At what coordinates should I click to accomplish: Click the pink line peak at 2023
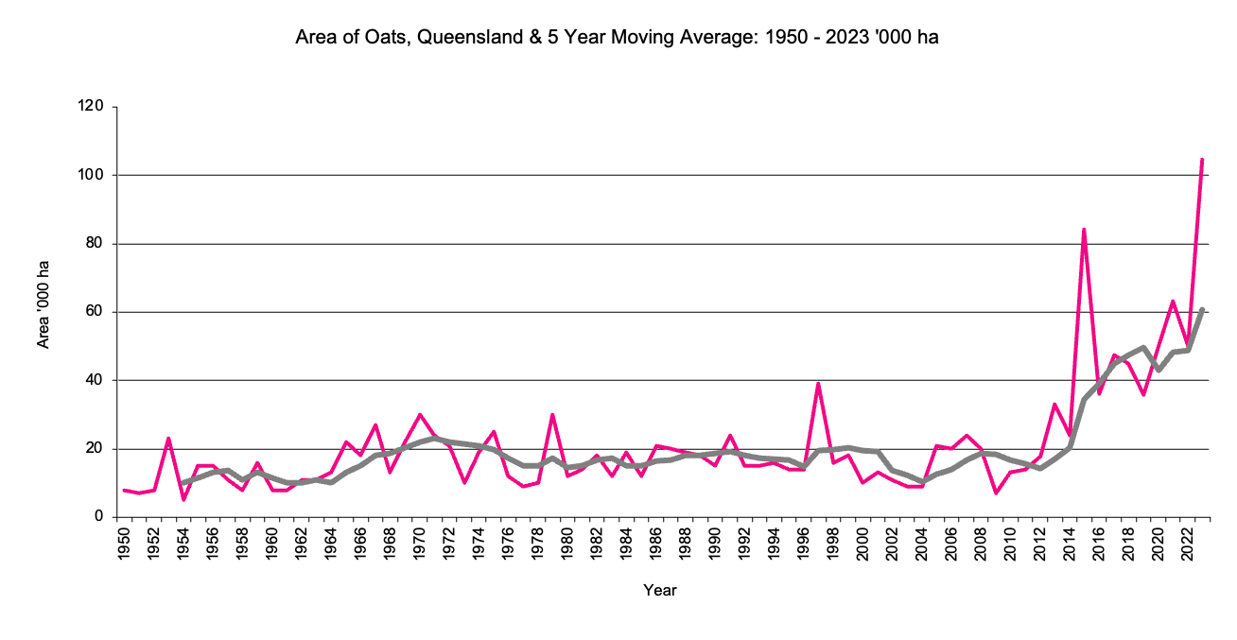pos(1202,159)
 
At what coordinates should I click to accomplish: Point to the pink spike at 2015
pos(1084,229)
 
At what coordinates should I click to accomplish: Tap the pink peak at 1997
pos(818,383)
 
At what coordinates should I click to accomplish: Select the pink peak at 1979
pos(552,414)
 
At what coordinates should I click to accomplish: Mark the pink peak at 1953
pos(168,438)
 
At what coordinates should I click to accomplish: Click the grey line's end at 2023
pos(1202,309)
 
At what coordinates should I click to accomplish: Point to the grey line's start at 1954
pos(183,483)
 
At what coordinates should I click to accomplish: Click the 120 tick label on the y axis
pos(91,107)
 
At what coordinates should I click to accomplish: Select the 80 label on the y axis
pos(95,244)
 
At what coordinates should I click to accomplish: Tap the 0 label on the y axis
pos(98,517)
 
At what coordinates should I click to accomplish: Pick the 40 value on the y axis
pos(95,380)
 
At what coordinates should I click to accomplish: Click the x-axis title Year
pos(659,591)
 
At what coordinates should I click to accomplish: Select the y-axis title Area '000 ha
pos(44,311)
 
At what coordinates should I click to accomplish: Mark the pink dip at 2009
pos(996,493)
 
